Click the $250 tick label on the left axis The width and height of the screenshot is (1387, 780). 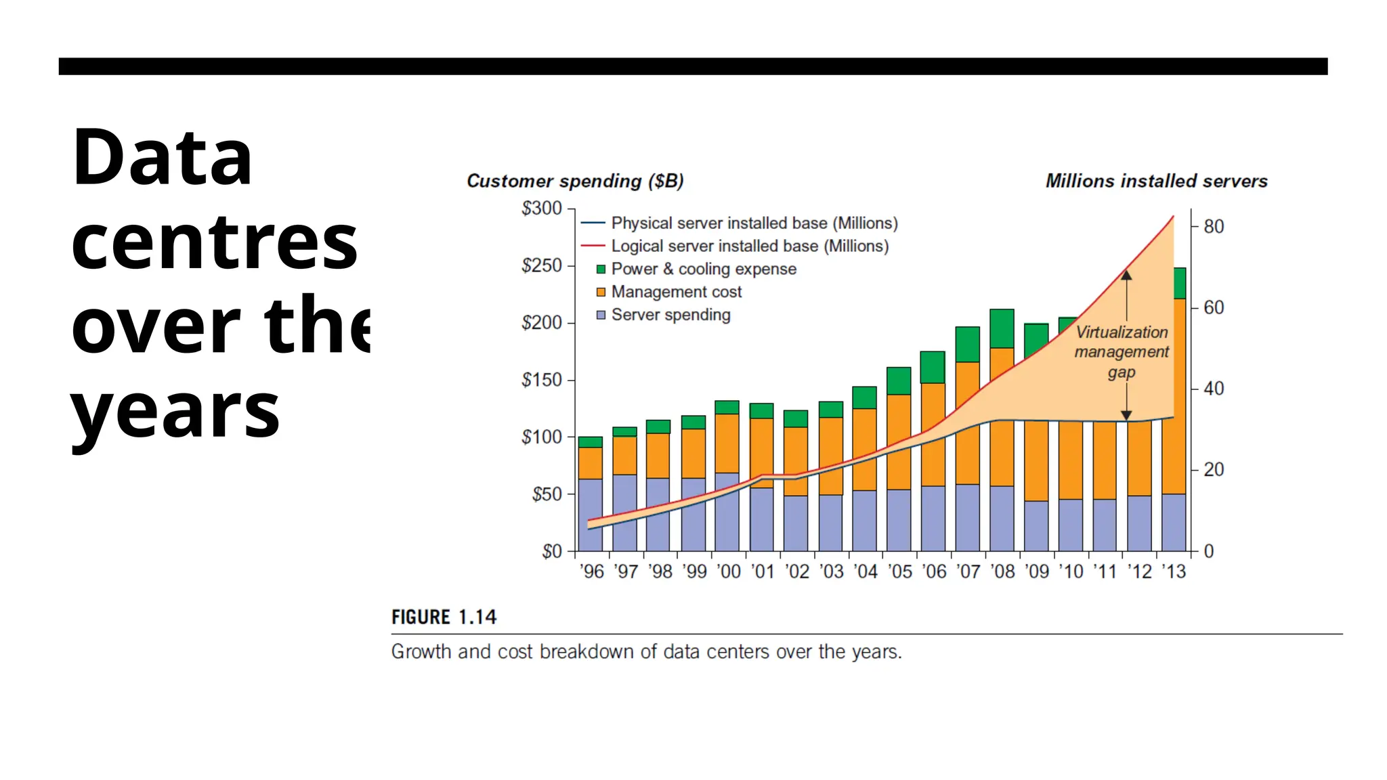point(541,265)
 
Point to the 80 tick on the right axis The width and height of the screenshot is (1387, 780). point(1213,226)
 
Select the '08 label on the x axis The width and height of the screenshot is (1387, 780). point(1002,572)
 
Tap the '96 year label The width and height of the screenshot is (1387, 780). point(592,572)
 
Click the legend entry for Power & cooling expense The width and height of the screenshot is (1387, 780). point(703,269)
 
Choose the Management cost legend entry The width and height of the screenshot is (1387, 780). point(676,292)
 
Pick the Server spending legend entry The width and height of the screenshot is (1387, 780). point(670,315)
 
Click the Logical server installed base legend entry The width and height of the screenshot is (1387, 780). point(749,246)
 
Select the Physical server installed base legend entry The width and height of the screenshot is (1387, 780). point(754,223)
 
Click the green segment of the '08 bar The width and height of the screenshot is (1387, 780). point(1002,328)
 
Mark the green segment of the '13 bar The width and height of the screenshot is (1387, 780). point(1180,283)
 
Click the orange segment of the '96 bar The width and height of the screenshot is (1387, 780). point(591,463)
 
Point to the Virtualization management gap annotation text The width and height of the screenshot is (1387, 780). point(1122,352)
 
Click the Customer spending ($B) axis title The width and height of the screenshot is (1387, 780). point(575,181)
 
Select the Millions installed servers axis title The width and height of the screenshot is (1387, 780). point(1156,181)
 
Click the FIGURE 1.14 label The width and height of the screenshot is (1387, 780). point(444,617)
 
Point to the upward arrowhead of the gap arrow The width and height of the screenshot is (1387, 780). point(1126,275)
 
